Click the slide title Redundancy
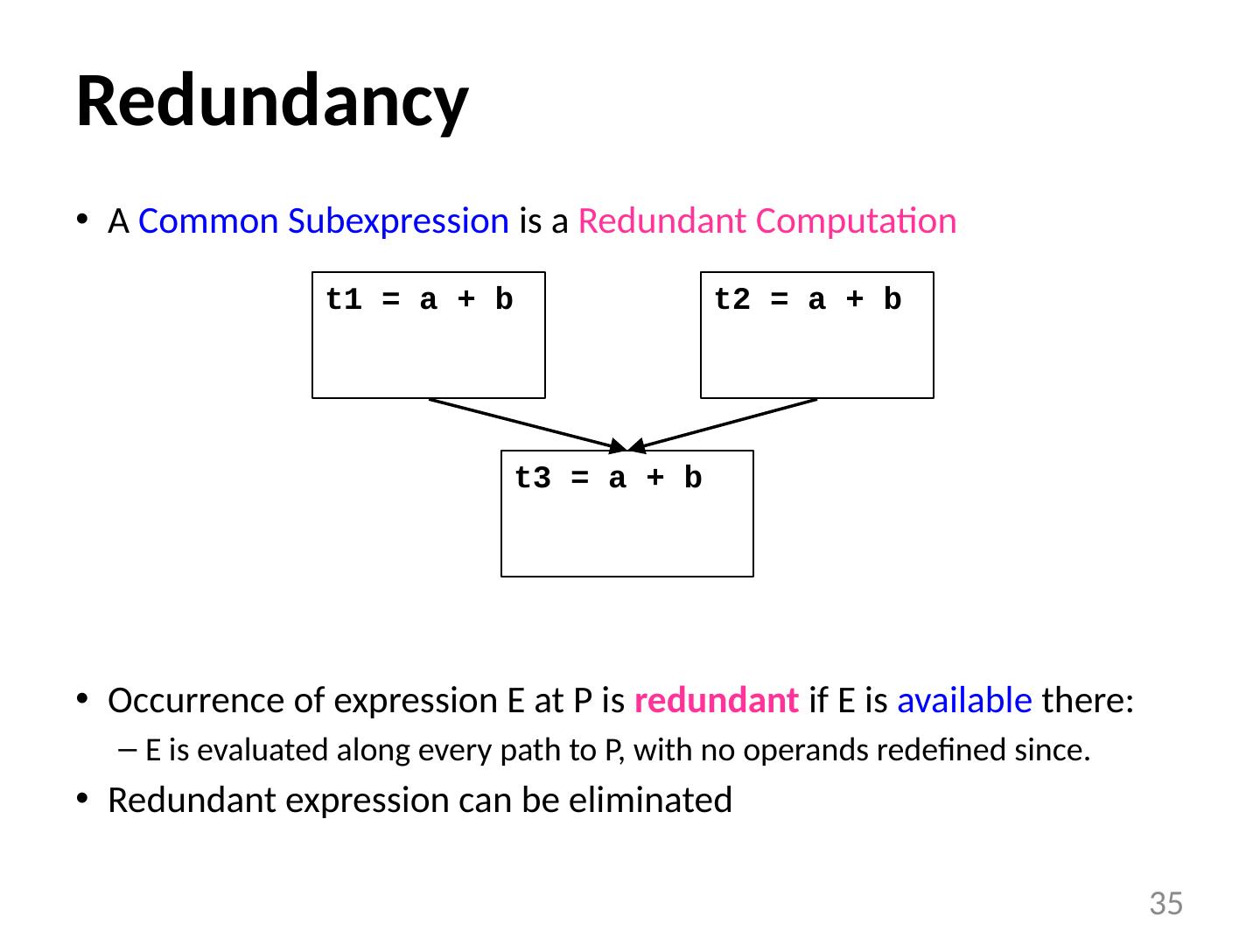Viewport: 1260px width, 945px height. (272, 101)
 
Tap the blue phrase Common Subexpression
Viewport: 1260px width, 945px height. (323, 222)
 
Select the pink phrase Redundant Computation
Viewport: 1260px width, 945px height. (766, 222)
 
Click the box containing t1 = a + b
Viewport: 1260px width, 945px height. (429, 350)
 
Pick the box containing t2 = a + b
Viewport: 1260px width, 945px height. (816, 350)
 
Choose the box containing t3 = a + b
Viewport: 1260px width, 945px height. (626, 525)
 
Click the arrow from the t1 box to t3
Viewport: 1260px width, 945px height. (525, 424)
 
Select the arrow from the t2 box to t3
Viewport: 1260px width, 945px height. (726, 424)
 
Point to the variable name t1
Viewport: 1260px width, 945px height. (343, 300)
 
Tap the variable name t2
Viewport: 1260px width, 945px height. (731, 300)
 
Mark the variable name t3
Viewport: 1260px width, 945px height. (532, 479)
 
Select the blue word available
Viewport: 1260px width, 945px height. (964, 701)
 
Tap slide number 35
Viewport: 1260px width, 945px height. (1165, 903)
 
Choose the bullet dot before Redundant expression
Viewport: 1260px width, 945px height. (81, 800)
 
